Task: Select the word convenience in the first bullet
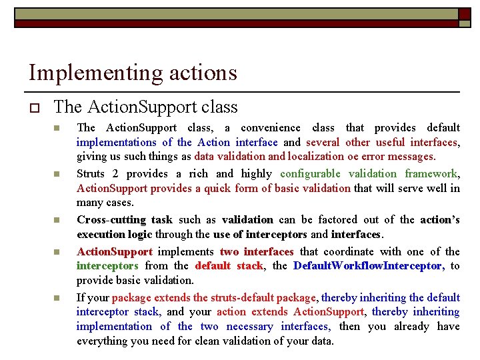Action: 270,127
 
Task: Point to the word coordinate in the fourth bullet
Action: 353,251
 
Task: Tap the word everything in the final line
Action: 105,341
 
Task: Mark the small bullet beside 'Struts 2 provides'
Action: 57,174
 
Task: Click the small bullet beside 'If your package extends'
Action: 57,298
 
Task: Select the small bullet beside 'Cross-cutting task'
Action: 57,220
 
